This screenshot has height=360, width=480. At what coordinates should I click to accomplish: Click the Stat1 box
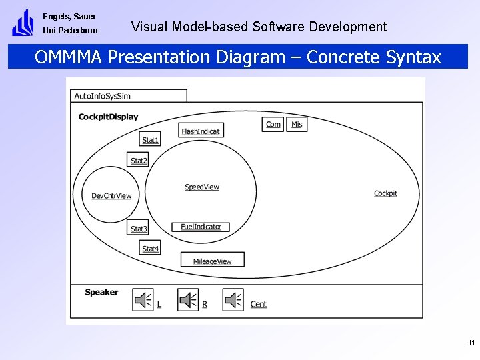[151, 139]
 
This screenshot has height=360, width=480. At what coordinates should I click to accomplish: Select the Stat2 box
[139, 160]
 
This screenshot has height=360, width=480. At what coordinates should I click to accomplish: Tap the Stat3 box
[139, 228]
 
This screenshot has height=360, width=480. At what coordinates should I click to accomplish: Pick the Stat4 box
[151, 248]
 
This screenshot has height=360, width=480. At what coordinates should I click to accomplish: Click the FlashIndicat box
[201, 131]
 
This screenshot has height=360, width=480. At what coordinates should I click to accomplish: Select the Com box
[273, 124]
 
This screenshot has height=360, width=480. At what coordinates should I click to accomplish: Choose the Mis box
[297, 124]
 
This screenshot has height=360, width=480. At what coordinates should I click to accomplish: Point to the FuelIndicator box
[201, 227]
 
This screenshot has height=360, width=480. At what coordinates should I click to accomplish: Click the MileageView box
[213, 260]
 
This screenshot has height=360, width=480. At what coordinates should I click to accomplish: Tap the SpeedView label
[201, 187]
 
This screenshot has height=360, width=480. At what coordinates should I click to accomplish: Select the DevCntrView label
[111, 196]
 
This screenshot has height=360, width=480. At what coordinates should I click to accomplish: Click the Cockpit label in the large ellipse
[385, 193]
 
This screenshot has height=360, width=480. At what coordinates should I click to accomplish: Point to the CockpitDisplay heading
[108, 117]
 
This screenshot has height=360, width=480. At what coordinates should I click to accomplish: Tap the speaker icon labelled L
[143, 301]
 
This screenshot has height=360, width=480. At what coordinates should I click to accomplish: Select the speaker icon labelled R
[189, 301]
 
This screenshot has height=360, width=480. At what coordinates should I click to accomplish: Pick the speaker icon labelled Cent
[233, 301]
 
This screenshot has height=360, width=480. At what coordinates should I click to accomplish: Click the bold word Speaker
[101, 292]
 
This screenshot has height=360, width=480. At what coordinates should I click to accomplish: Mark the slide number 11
[471, 343]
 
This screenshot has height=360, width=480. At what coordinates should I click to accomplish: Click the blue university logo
[23, 23]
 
